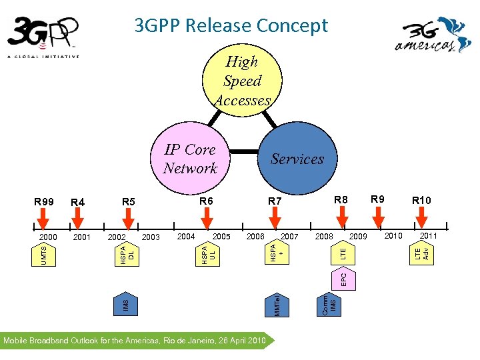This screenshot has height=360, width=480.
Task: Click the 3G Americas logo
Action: (433, 36)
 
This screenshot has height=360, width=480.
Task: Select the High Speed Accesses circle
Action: (242, 81)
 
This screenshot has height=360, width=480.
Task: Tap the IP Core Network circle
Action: (191, 159)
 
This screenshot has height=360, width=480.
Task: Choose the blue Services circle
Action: (297, 159)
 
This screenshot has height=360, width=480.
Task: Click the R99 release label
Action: (45, 201)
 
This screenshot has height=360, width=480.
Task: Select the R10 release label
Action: (421, 201)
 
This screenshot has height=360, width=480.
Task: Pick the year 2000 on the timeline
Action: (47, 237)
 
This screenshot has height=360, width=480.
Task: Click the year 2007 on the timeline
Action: (289, 237)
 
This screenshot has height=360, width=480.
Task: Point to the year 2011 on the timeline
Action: (428, 235)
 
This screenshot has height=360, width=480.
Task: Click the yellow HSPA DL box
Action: (127, 253)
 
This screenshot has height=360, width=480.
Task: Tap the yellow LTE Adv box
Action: (421, 253)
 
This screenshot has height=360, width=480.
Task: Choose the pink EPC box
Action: (343, 277)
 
